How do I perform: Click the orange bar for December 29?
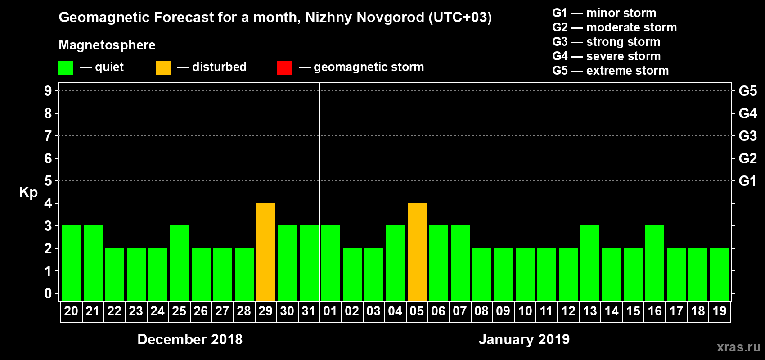[x=265, y=252]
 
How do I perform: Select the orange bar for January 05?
[x=417, y=252]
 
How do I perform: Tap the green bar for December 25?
[x=179, y=263]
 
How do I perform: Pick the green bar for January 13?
[x=589, y=263]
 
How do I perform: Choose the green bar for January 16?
[x=654, y=263]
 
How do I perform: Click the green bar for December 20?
[x=71, y=263]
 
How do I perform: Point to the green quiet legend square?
[x=66, y=68]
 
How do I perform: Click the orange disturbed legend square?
[x=163, y=68]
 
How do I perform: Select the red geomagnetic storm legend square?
[x=284, y=68]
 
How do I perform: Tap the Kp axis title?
[x=28, y=192]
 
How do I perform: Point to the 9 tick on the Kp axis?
[x=48, y=91]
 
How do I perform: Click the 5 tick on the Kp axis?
[x=48, y=181]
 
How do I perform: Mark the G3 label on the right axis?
[x=747, y=136]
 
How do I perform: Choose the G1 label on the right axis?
[x=747, y=181]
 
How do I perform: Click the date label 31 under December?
[x=309, y=311]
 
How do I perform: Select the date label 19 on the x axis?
[x=720, y=311]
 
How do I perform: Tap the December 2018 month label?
[x=190, y=339]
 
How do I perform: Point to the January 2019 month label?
[x=524, y=339]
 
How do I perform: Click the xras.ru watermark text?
[x=738, y=347]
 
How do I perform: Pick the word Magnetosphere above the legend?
[x=107, y=45]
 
